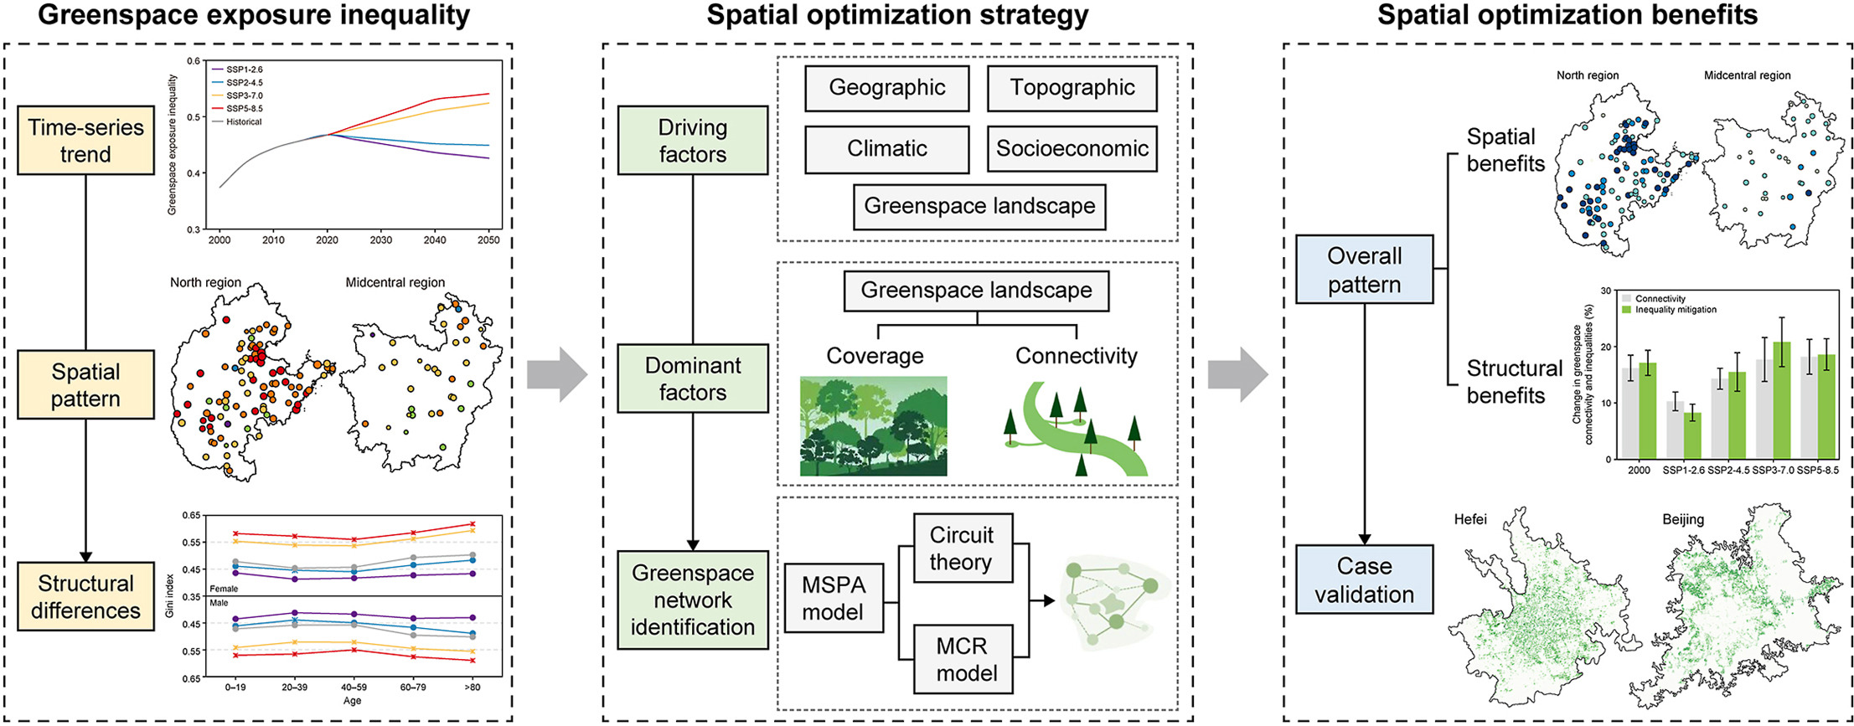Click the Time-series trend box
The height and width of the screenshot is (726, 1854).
click(85, 141)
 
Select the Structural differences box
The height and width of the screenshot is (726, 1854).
click(85, 596)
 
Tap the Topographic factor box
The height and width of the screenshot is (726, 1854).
click(1072, 88)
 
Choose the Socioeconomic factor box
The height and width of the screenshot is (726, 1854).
click(1072, 149)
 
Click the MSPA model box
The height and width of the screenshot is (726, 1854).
click(833, 598)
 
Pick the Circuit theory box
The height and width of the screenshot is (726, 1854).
click(961, 548)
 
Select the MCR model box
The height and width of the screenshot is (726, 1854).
click(966, 659)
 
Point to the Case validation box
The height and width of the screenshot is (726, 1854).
click(1364, 579)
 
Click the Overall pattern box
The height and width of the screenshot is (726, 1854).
click(1364, 270)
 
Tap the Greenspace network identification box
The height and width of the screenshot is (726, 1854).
click(692, 600)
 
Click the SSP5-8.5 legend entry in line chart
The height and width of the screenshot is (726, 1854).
click(244, 109)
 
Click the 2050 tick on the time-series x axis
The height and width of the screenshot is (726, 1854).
click(488, 240)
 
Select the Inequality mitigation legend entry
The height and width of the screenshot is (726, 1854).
click(1676, 310)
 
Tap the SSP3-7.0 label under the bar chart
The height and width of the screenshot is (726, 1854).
click(1773, 471)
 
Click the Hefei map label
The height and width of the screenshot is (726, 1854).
click(1470, 519)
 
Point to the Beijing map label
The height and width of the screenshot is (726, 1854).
click(1683, 519)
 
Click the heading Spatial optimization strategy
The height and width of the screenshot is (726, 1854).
click(897, 15)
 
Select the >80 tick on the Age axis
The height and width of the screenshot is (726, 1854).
click(472, 687)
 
